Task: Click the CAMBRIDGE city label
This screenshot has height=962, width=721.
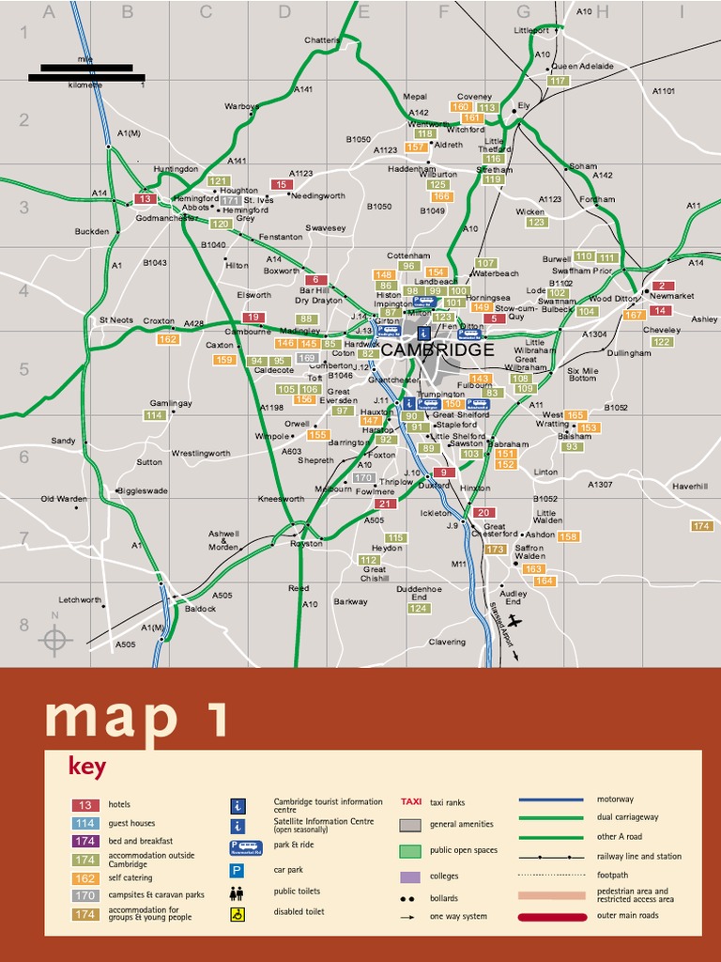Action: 437,349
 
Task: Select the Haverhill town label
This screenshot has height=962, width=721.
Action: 689,486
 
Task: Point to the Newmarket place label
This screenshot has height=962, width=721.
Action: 671,296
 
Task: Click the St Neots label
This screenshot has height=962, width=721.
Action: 116,320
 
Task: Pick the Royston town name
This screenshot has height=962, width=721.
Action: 306,544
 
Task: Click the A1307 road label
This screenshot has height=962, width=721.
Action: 600,485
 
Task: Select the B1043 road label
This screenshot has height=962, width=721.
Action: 155,263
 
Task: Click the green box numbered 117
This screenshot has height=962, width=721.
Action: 558,81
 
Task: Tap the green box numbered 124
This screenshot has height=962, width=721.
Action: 419,609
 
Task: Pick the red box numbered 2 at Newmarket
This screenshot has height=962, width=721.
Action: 661,286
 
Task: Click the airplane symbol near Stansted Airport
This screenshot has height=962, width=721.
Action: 514,622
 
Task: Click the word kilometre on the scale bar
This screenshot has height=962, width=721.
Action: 85,85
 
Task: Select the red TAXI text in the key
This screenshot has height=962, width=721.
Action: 411,802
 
